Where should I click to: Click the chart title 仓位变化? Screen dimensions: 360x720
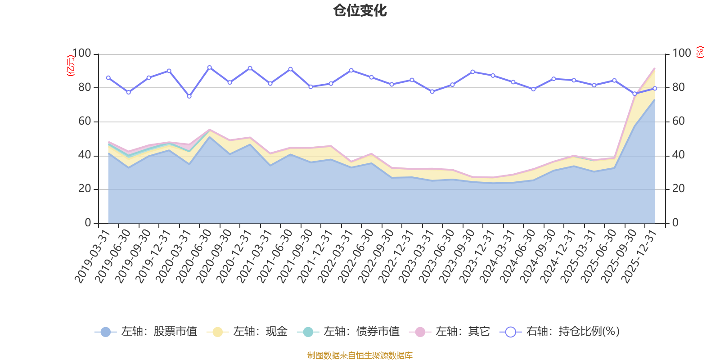pos(360,10)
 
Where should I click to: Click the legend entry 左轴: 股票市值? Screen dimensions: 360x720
pos(146,332)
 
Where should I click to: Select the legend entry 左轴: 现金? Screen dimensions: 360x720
pos(247,332)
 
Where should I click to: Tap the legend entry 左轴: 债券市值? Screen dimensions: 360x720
pos(348,332)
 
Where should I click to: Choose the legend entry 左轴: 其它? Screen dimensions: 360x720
pos(450,332)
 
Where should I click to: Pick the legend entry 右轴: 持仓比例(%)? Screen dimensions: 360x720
pos(560,332)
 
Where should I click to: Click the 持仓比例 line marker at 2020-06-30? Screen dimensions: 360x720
pos(209,67)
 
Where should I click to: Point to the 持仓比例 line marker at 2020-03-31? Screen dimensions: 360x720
pos(189,96)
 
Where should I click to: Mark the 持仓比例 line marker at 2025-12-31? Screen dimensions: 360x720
pos(655,88)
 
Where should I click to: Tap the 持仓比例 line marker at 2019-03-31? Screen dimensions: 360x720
pos(108,77)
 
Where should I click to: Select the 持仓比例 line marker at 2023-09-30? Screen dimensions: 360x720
pos(472,72)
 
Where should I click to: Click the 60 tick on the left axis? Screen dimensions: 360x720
pos(85,121)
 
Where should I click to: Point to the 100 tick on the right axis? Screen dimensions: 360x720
pos(681,54)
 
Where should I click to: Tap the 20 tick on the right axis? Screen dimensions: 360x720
pos(678,189)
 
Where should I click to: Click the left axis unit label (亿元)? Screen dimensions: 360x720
pos(71,66)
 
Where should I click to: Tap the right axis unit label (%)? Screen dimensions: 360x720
pos(700,53)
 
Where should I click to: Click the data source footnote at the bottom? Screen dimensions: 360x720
pos(360,355)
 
